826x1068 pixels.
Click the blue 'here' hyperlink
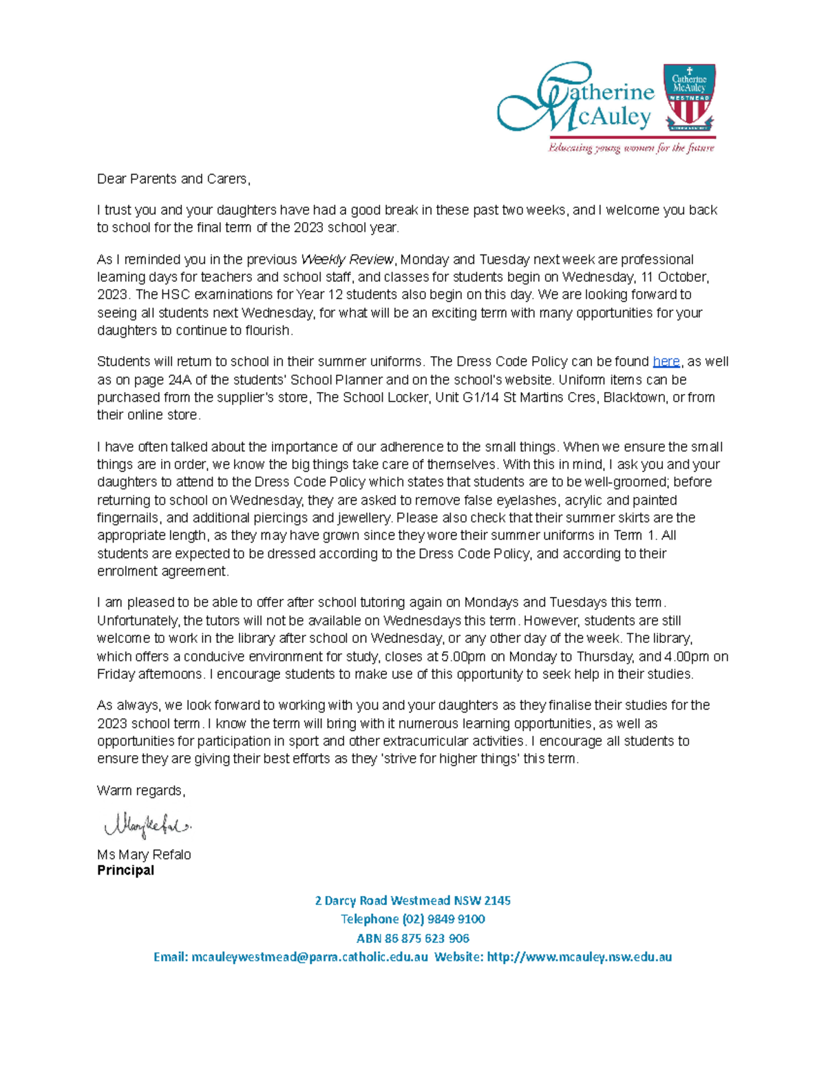click(x=666, y=362)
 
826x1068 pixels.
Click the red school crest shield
click(x=689, y=98)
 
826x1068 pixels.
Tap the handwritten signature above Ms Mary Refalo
click(x=147, y=825)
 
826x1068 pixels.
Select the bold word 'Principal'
click(x=125, y=871)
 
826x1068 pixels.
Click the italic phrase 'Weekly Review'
click(x=348, y=260)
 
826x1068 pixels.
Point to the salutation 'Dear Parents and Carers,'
click(x=173, y=179)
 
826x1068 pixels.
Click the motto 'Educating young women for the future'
click(x=631, y=148)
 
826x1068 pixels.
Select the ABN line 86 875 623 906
click(x=413, y=939)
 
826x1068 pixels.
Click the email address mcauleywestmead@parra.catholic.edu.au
click(x=309, y=957)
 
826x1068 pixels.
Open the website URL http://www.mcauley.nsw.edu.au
click(x=579, y=957)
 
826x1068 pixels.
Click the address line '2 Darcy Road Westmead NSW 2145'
click(x=413, y=901)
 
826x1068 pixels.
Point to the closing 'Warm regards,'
click(x=141, y=791)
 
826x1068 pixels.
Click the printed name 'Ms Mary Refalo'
click(x=144, y=855)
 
